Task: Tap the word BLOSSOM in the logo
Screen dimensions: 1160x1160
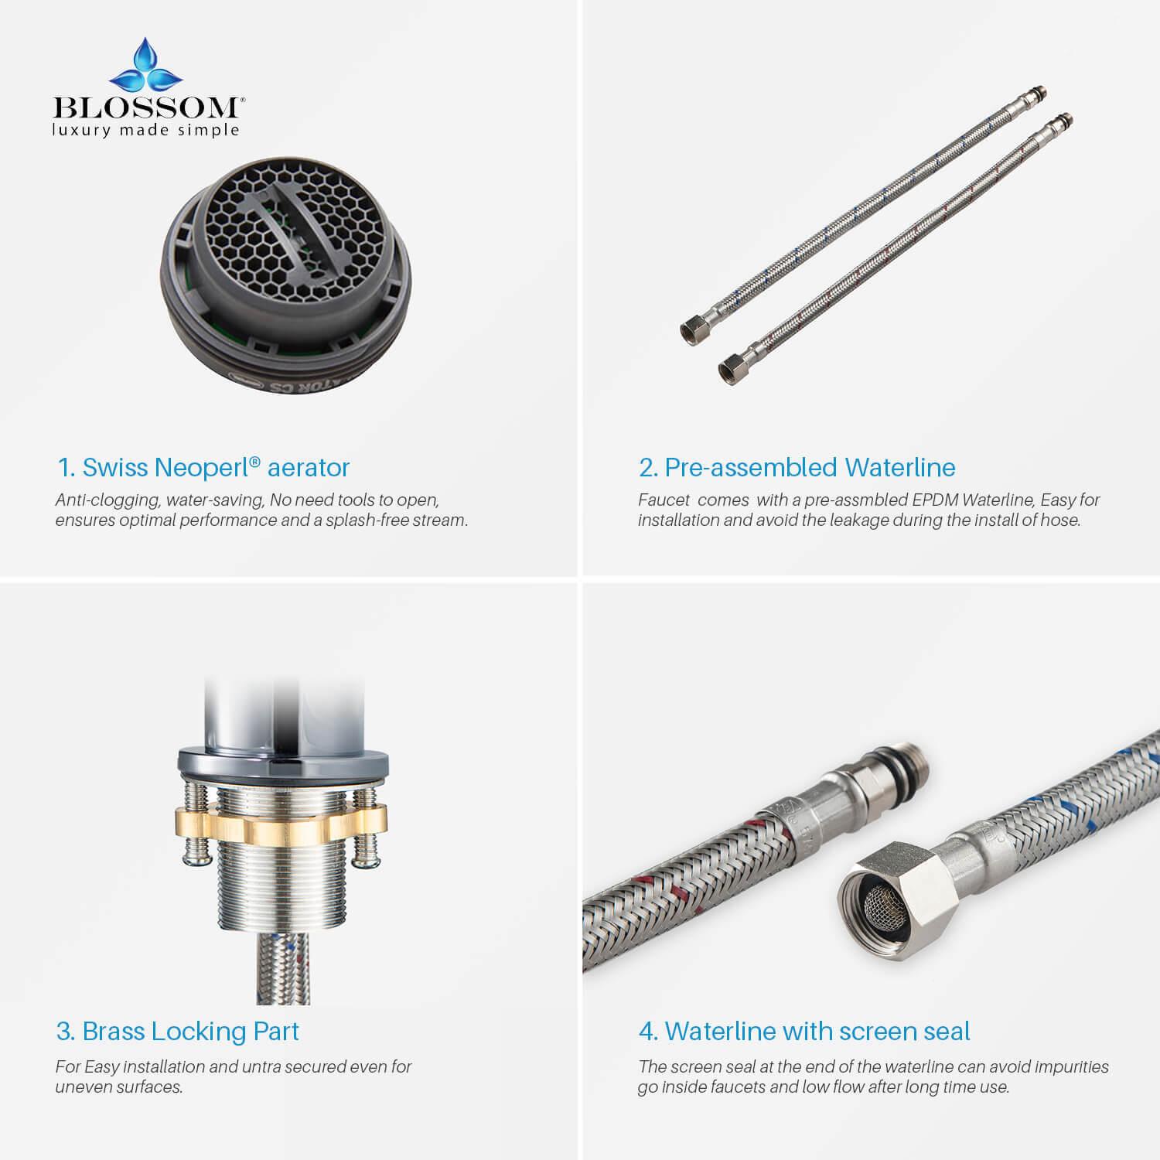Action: (x=147, y=107)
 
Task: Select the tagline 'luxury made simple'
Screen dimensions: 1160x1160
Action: (x=145, y=130)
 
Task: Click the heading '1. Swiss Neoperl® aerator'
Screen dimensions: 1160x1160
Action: (x=203, y=467)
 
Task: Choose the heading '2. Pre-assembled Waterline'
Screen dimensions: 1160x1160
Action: (x=797, y=467)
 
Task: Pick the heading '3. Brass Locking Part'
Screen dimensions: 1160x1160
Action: (x=177, y=1031)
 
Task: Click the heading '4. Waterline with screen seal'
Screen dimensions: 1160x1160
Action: (x=804, y=1031)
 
